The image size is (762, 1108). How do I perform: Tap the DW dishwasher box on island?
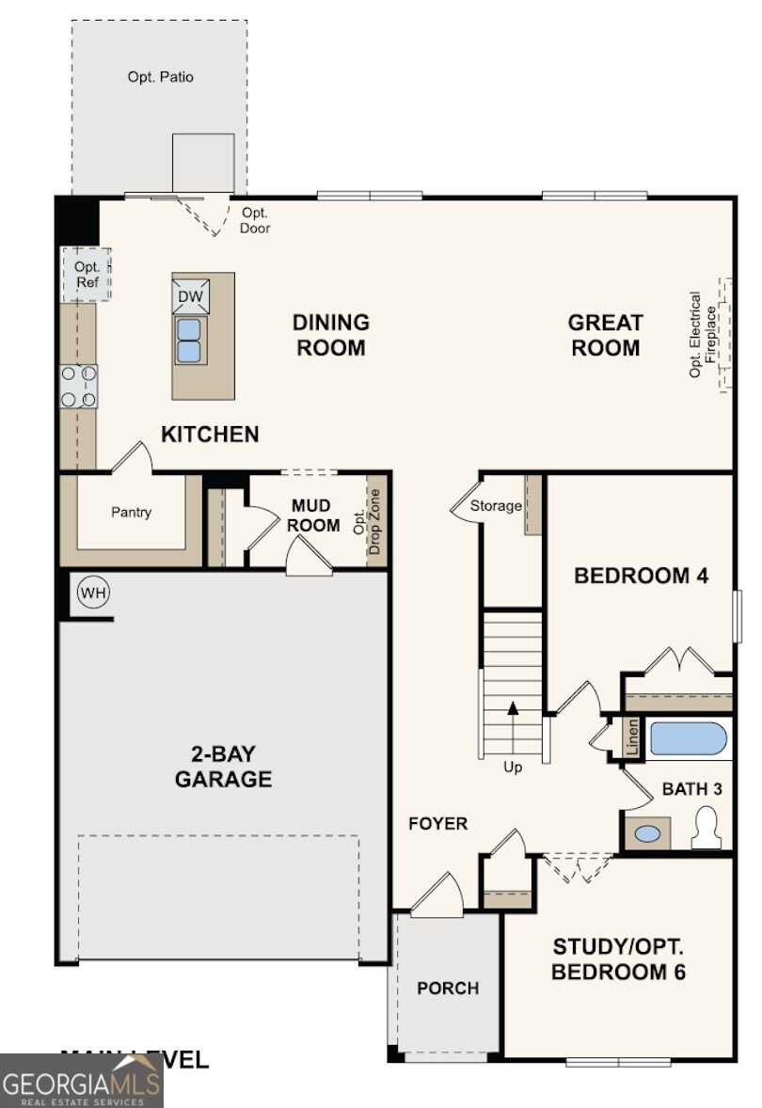pos(189,296)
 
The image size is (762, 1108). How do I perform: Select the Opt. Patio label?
pos(161,77)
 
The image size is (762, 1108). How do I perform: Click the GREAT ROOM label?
pos(605,335)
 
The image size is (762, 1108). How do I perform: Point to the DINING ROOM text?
pos(330,335)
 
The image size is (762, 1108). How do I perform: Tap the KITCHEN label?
pos(210,435)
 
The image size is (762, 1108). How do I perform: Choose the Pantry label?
pos(131,513)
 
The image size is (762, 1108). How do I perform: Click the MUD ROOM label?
pos(315,515)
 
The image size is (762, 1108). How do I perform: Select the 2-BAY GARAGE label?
pos(223,768)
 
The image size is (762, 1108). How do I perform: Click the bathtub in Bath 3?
pos(689,738)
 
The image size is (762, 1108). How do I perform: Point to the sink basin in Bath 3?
pos(647,833)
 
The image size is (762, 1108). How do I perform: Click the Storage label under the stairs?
pos(496,506)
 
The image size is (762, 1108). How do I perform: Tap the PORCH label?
pos(448,989)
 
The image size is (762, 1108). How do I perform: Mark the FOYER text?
pos(437,824)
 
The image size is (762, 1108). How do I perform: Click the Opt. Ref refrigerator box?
pos(87,274)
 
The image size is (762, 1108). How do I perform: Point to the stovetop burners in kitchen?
pos(79,387)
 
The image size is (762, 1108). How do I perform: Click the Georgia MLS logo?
pos(82,1080)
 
